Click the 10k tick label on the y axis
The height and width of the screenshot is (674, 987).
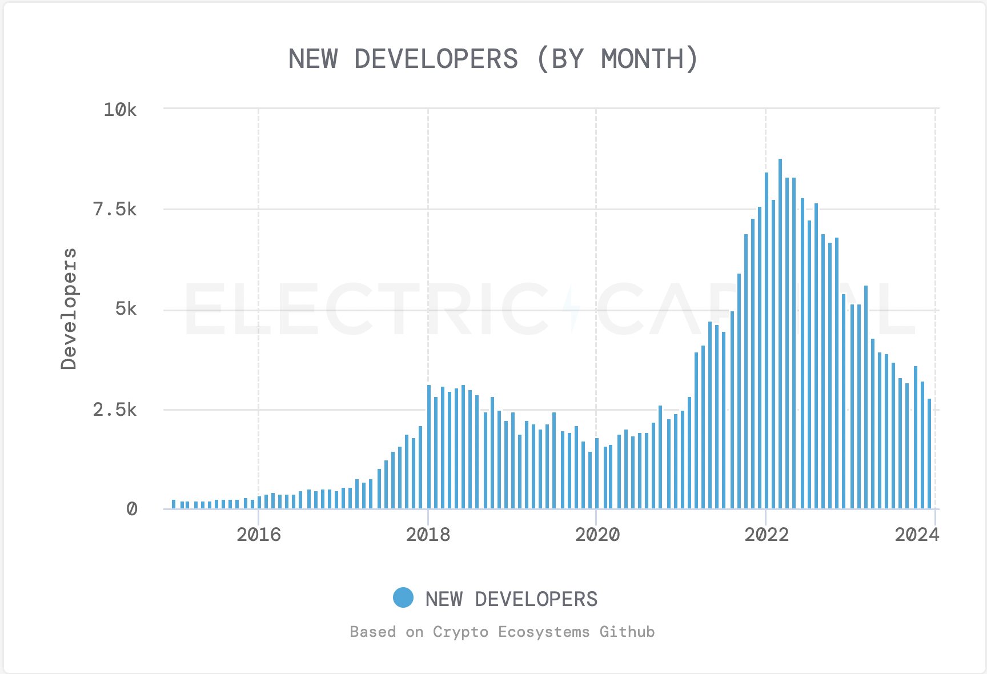click(120, 109)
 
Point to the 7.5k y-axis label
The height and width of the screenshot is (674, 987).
click(115, 210)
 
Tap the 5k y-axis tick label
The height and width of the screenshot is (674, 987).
click(126, 309)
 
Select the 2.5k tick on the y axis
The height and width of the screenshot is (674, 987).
click(115, 410)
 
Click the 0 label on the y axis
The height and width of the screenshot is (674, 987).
click(131, 509)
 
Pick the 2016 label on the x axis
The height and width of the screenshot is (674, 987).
click(259, 535)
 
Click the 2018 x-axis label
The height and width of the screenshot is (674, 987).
click(428, 535)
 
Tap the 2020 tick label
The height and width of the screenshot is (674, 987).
click(597, 535)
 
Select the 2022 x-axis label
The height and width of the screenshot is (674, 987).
click(766, 535)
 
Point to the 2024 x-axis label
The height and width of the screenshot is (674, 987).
click(917, 535)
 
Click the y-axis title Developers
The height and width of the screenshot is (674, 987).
click(69, 309)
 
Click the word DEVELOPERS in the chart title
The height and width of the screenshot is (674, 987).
click(436, 59)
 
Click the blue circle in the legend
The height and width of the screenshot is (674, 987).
click(403, 598)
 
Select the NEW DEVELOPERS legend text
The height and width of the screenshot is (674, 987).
click(511, 599)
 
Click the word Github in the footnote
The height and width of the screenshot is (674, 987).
click(627, 632)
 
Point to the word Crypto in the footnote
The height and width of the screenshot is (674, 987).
click(460, 632)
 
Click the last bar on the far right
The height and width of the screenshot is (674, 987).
click(929, 454)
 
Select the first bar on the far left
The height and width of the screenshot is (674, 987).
click(174, 504)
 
